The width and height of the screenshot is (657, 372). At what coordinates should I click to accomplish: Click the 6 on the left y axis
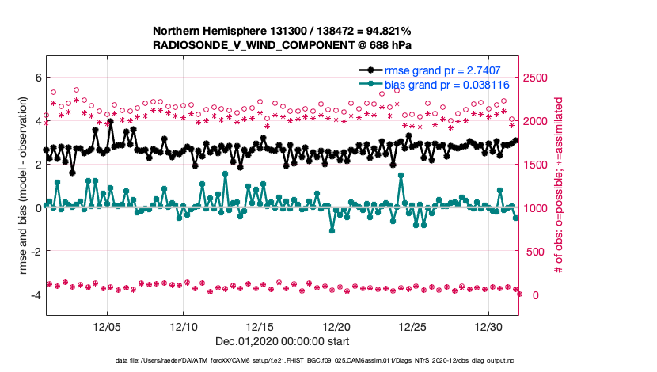click(36, 78)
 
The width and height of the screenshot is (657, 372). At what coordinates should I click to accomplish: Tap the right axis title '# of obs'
click(558, 186)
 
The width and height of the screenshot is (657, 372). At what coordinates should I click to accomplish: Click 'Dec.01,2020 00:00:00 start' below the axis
click(282, 343)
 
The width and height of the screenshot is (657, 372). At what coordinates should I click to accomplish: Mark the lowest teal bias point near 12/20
click(332, 230)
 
